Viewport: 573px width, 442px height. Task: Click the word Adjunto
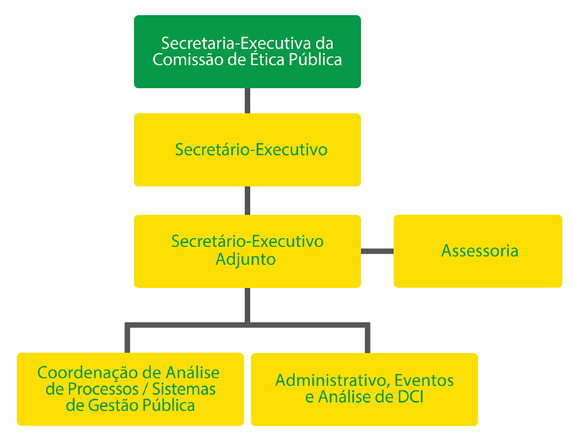[246, 259]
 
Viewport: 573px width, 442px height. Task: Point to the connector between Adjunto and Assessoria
[377, 251]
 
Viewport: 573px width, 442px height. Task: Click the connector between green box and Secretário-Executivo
[247, 100]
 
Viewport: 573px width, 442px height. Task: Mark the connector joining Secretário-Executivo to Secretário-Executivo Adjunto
[247, 201]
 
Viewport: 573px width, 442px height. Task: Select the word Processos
[102, 389]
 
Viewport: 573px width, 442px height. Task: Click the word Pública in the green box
[314, 60]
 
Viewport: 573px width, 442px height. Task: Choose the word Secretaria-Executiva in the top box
[221, 43]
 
